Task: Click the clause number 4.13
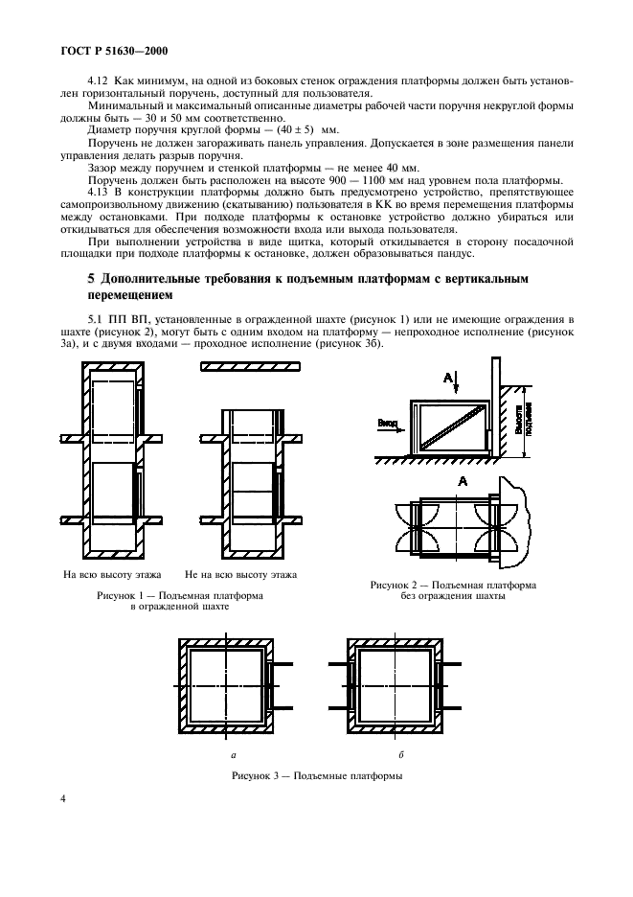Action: (x=99, y=193)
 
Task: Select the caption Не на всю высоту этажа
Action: (x=240, y=575)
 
